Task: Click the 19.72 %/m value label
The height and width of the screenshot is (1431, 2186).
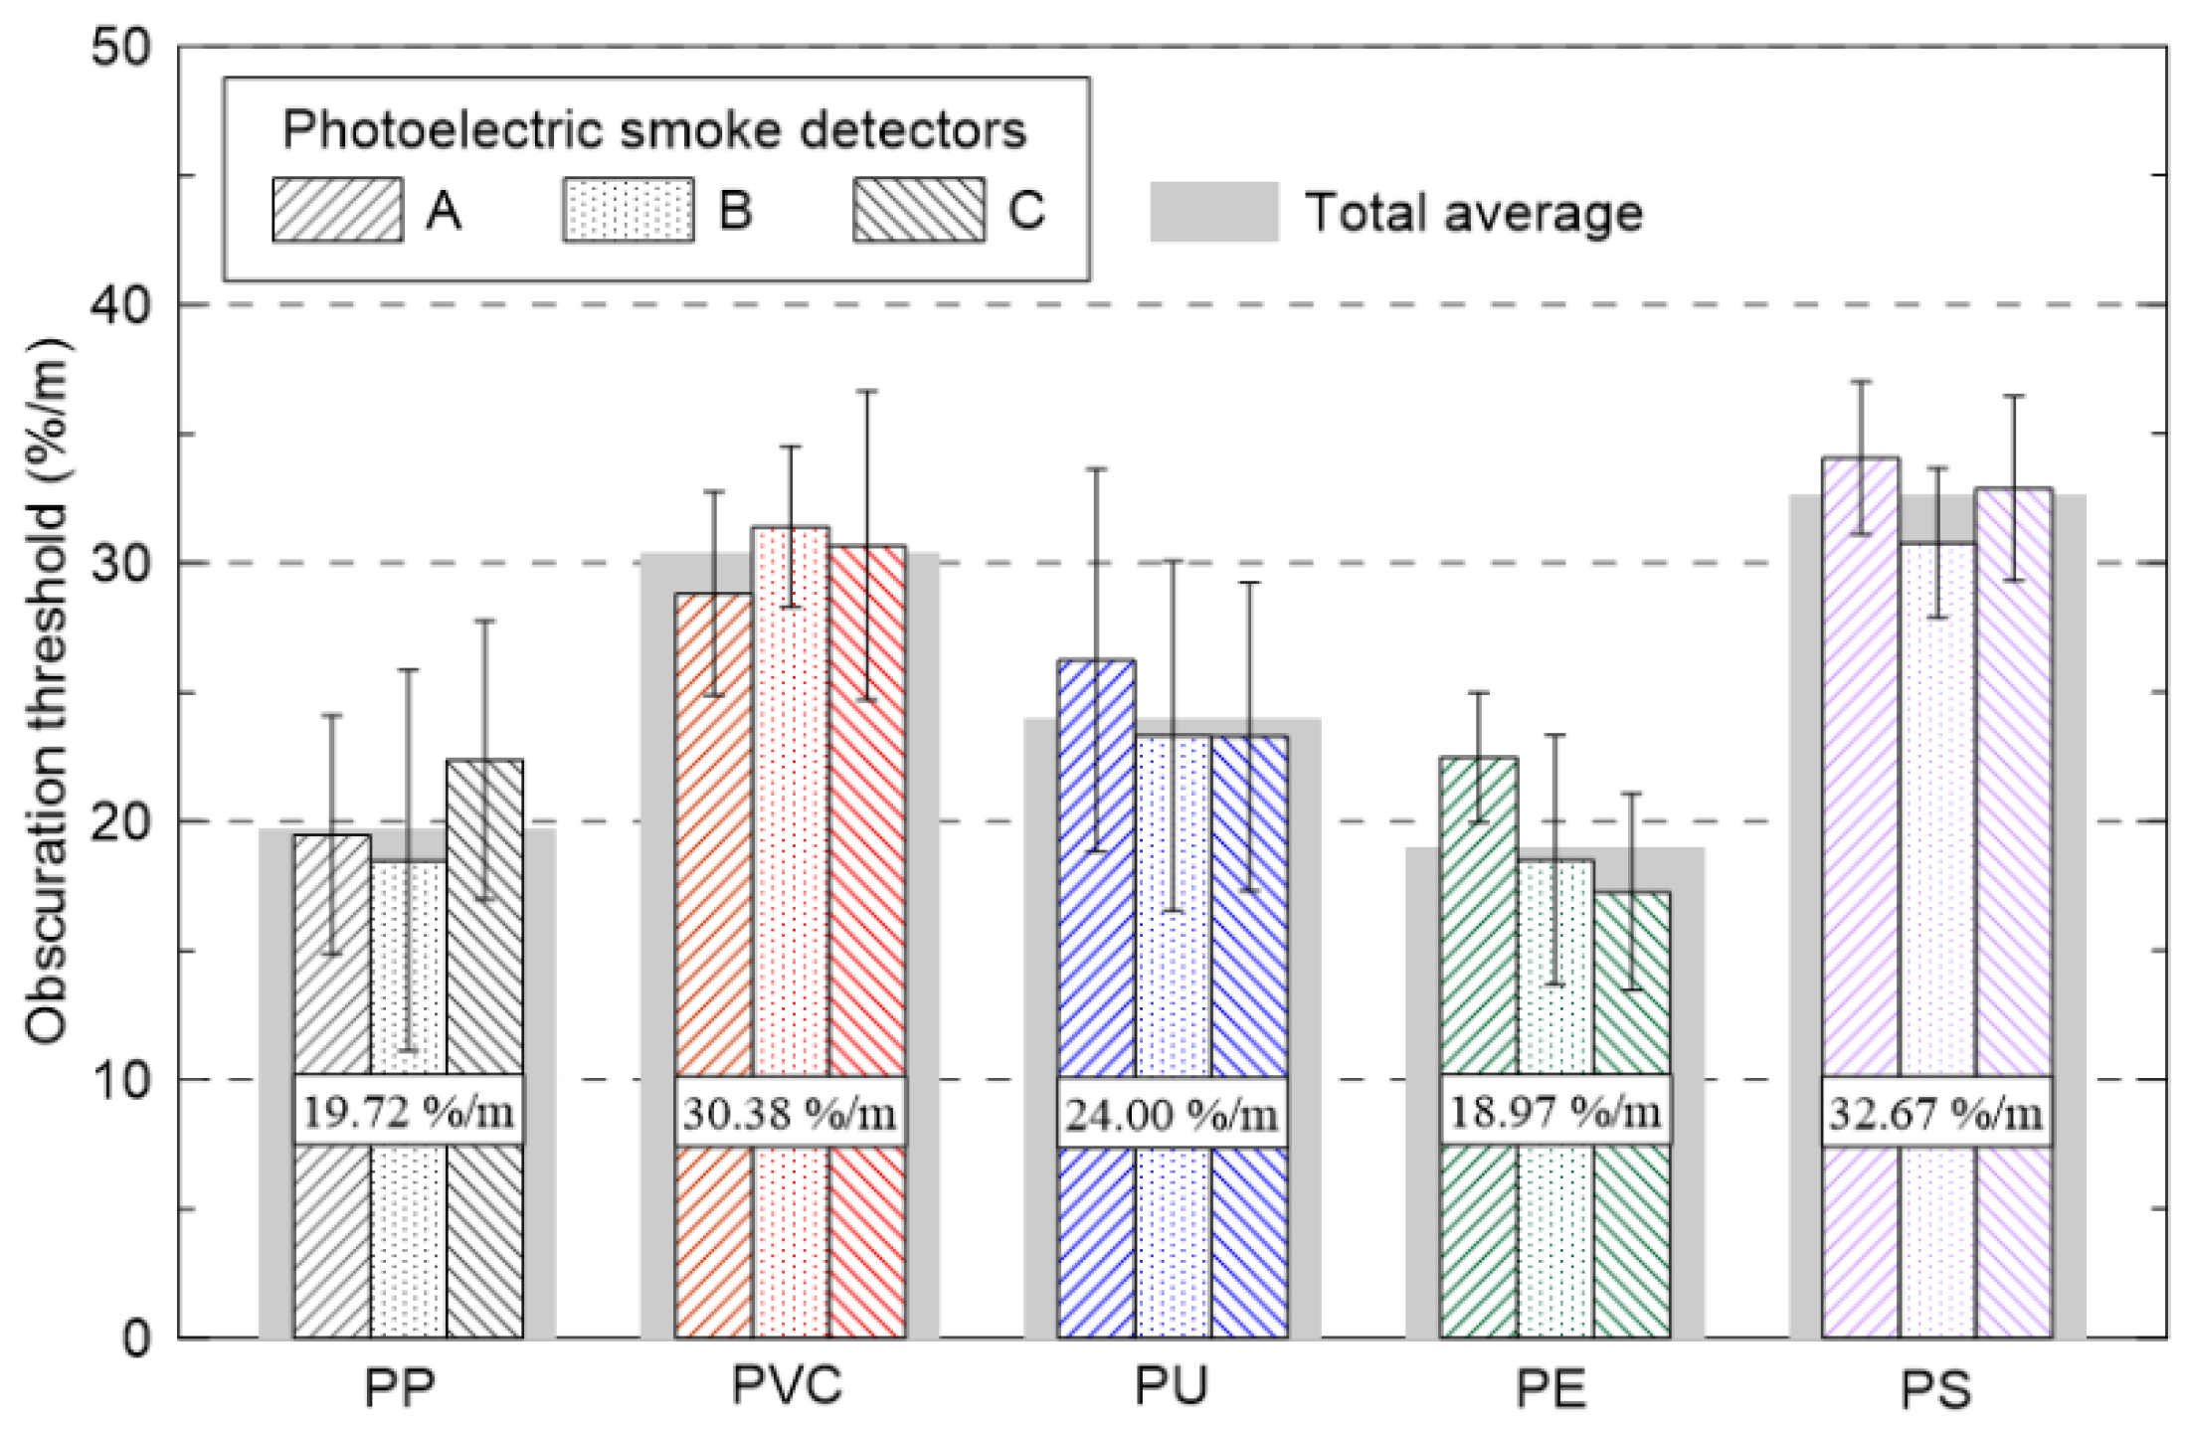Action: [x=408, y=1111]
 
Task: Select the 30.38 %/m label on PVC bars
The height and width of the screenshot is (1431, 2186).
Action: [x=790, y=1112]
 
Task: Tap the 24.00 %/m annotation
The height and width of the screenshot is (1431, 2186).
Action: [x=1172, y=1113]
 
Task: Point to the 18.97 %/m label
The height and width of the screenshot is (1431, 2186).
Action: [x=1554, y=1111]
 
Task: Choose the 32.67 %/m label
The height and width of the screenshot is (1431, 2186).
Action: [x=1936, y=1112]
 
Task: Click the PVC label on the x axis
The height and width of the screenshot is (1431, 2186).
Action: [x=787, y=1385]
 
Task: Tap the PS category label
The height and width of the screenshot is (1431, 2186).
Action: [x=1935, y=1388]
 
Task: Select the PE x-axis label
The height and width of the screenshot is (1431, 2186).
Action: [x=1550, y=1388]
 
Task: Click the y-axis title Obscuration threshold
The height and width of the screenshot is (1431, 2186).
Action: [x=47, y=690]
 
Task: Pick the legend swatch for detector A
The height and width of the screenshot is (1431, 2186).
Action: [x=338, y=210]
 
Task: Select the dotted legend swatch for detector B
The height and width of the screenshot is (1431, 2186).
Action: [x=628, y=210]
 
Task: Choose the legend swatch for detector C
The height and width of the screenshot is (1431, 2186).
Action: [x=918, y=210]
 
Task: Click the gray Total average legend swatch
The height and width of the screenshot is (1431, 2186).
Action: [x=1213, y=212]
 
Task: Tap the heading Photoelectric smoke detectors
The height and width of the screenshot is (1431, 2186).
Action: [x=654, y=129]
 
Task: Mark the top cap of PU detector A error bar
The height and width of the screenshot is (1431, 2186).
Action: [x=1096, y=468]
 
